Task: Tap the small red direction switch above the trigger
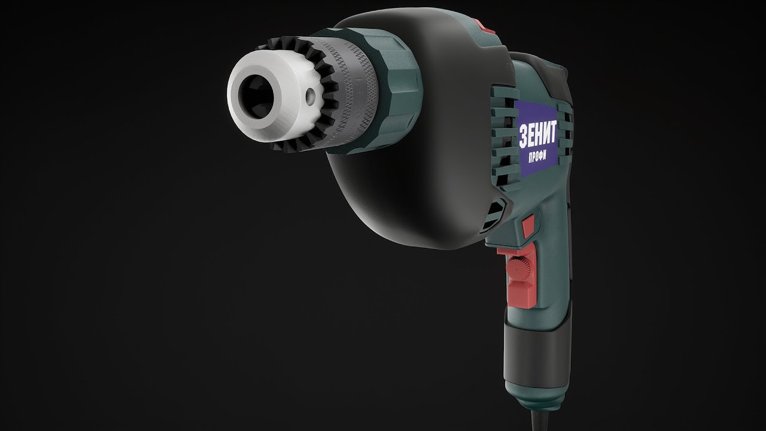coord(528,227)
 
